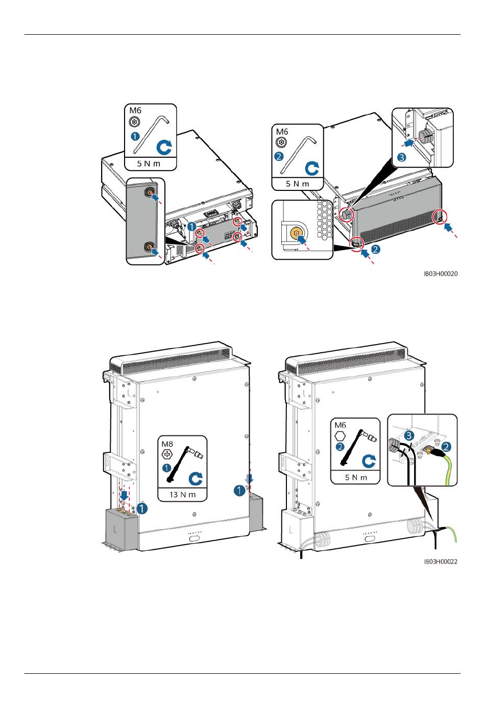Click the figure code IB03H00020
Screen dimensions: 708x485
click(441, 274)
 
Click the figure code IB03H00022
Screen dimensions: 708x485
click(441, 562)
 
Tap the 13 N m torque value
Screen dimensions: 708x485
click(182, 495)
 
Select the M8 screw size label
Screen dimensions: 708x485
click(167, 444)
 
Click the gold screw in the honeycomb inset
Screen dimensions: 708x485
click(295, 233)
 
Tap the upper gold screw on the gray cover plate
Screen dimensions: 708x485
click(149, 192)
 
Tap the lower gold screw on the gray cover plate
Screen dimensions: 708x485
click(149, 248)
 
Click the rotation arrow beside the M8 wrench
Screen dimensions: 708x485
click(195, 478)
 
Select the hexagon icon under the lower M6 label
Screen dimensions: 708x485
click(340, 436)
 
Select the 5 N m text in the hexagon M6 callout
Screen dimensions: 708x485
click(355, 477)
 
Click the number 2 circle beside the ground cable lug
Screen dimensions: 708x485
click(446, 446)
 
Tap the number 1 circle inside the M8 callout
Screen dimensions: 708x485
click(166, 468)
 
